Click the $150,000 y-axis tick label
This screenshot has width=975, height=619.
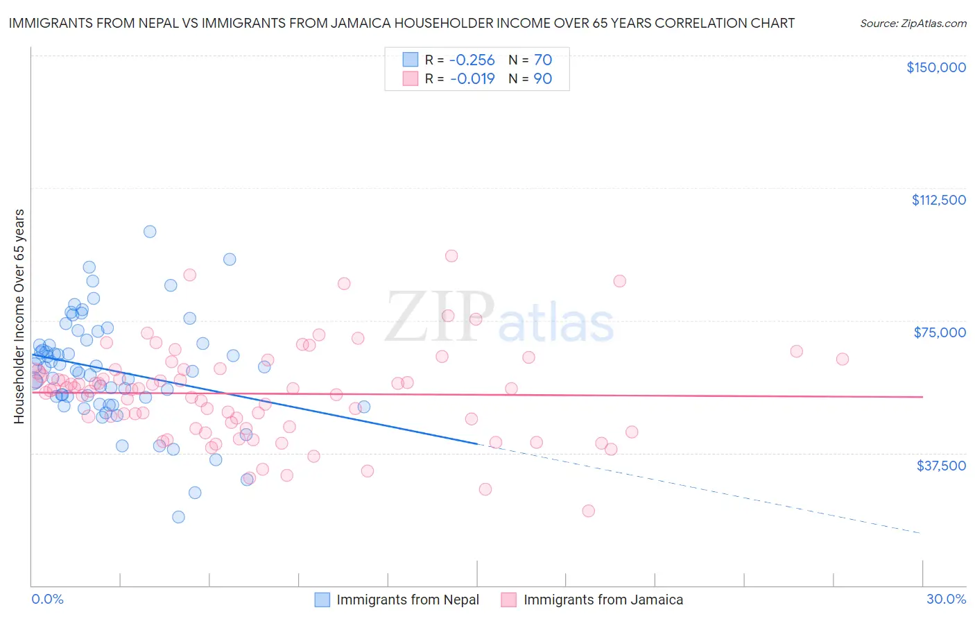pyautogui.click(x=935, y=67)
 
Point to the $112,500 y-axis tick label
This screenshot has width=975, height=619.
pyautogui.click(x=938, y=200)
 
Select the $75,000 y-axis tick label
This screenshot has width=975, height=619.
pyautogui.click(x=940, y=332)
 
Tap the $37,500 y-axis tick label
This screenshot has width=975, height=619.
pyautogui.click(x=941, y=466)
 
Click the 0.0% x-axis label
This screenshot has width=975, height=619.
pyautogui.click(x=48, y=600)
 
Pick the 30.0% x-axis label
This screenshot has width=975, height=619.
pyautogui.click(x=946, y=600)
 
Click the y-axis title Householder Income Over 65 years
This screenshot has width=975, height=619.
pyautogui.click(x=19, y=316)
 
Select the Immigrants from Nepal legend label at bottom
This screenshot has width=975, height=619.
pyautogui.click(x=408, y=600)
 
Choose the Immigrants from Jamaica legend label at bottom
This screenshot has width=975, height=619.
pyautogui.click(x=603, y=600)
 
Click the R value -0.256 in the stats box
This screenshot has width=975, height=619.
pyautogui.click(x=472, y=60)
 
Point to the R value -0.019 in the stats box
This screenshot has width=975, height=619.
pyautogui.click(x=472, y=78)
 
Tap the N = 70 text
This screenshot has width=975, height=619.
pyautogui.click(x=530, y=60)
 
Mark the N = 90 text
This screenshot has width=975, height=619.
pyautogui.click(x=530, y=78)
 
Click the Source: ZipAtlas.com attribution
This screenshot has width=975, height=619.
pyautogui.click(x=913, y=24)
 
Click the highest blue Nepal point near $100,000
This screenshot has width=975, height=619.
pyautogui.click(x=150, y=232)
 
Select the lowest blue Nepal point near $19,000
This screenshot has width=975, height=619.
pyautogui.click(x=178, y=517)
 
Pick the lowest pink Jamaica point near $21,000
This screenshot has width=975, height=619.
pyautogui.click(x=588, y=511)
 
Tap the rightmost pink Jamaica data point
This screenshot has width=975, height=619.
pyautogui.click(x=843, y=359)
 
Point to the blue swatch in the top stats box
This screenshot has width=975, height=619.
pyautogui.click(x=411, y=60)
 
